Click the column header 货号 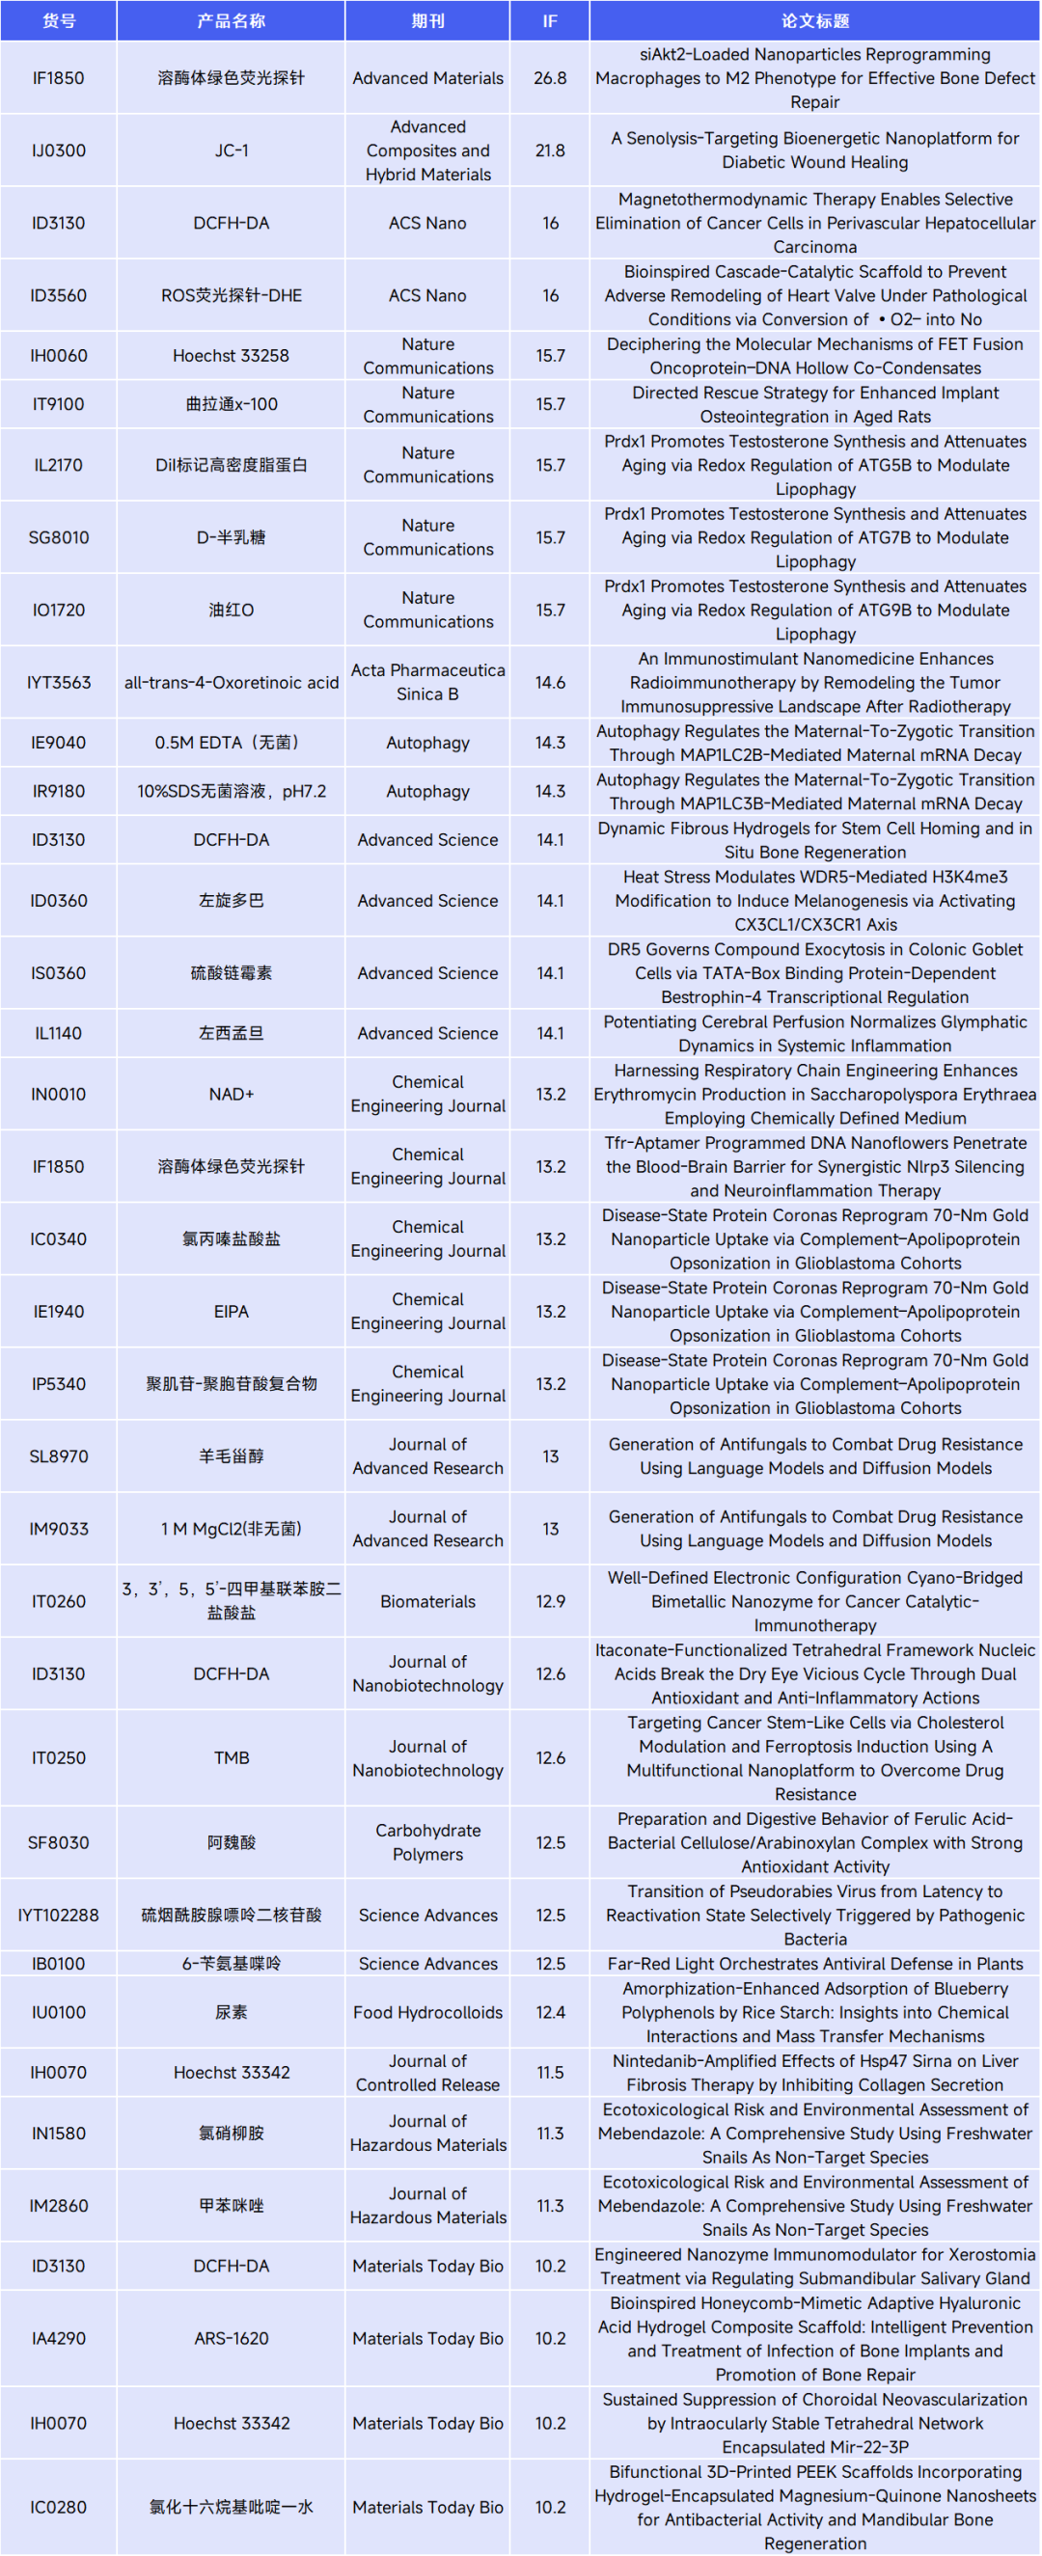pyautogui.click(x=59, y=21)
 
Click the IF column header pyautogui.click(x=550, y=21)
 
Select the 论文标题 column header pyautogui.click(x=814, y=21)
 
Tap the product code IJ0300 pyautogui.click(x=59, y=150)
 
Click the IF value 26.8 pyautogui.click(x=550, y=78)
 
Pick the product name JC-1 pyautogui.click(x=232, y=150)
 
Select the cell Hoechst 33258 pyautogui.click(x=232, y=355)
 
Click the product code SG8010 pyautogui.click(x=59, y=538)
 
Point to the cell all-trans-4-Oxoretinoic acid pyautogui.click(x=232, y=683)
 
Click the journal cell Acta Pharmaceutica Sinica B pyautogui.click(x=427, y=683)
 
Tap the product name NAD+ pyautogui.click(x=232, y=1095)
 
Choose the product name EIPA pyautogui.click(x=232, y=1312)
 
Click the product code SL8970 pyautogui.click(x=59, y=1456)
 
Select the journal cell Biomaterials pyautogui.click(x=427, y=1601)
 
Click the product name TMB pyautogui.click(x=232, y=1758)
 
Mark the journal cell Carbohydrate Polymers pyautogui.click(x=427, y=1842)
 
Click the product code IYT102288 pyautogui.click(x=59, y=1915)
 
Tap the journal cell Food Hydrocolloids pyautogui.click(x=427, y=2012)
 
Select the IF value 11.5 pyautogui.click(x=550, y=2073)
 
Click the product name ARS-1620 pyautogui.click(x=232, y=2339)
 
